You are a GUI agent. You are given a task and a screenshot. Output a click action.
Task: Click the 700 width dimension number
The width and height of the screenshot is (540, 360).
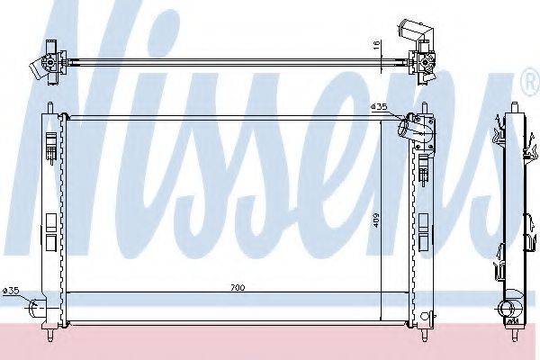tap(238, 288)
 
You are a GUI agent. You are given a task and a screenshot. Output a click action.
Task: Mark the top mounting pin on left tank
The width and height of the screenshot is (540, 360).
tap(49, 109)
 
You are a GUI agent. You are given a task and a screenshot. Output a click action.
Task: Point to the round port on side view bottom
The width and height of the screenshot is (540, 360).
tap(514, 314)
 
